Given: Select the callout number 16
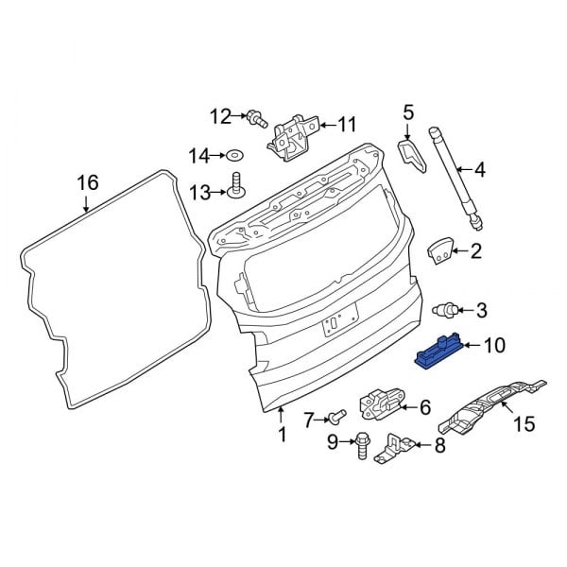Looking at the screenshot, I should point(87,181).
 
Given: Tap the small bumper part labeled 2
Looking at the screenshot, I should point(438,251).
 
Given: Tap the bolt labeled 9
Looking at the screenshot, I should point(362,443).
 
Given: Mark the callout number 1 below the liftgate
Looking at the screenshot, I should point(280,435).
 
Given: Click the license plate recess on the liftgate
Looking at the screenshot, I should point(333,322).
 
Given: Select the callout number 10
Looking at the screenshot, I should point(495,346).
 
